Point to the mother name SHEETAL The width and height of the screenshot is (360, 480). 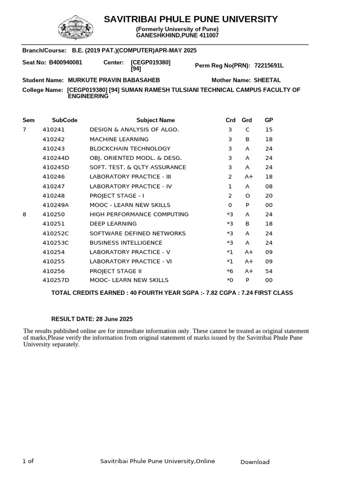267,81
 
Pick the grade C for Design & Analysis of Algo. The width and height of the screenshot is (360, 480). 247,130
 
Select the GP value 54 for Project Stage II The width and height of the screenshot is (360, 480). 269,271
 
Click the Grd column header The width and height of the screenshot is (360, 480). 247,120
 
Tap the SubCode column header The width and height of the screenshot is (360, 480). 65,120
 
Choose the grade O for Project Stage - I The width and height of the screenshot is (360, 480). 247,195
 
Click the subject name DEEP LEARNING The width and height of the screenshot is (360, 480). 113,224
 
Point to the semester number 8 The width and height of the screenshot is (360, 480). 24,214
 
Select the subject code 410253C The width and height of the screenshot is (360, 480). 56,243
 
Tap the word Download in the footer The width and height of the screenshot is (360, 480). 255,462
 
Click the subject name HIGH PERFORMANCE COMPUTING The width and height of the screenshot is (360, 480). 139,214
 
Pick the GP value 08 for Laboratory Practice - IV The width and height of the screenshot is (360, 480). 269,186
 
